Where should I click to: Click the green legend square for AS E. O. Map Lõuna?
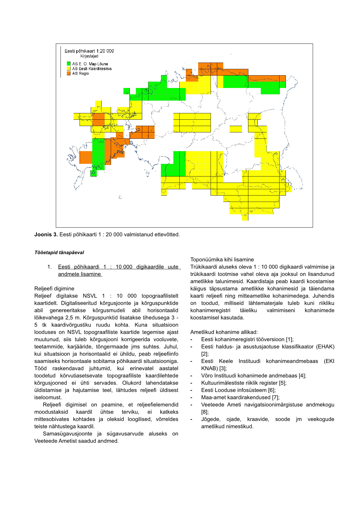[69, 64]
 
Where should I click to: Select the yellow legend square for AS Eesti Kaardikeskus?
[69, 69]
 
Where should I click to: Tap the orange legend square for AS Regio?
[69, 73]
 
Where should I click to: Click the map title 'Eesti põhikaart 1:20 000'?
[89, 51]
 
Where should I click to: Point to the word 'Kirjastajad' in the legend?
[89, 56]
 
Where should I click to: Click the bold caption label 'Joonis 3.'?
[46, 235]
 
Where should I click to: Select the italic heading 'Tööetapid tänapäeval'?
[59, 252]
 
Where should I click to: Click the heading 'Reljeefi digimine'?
[54, 289]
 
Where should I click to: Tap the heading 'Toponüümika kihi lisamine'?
[222, 260]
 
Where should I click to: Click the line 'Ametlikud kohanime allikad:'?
[224, 332]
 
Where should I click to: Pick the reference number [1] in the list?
[290, 339]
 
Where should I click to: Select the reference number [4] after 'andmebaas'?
[302, 376]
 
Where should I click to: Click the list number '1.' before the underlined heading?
[50, 267]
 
